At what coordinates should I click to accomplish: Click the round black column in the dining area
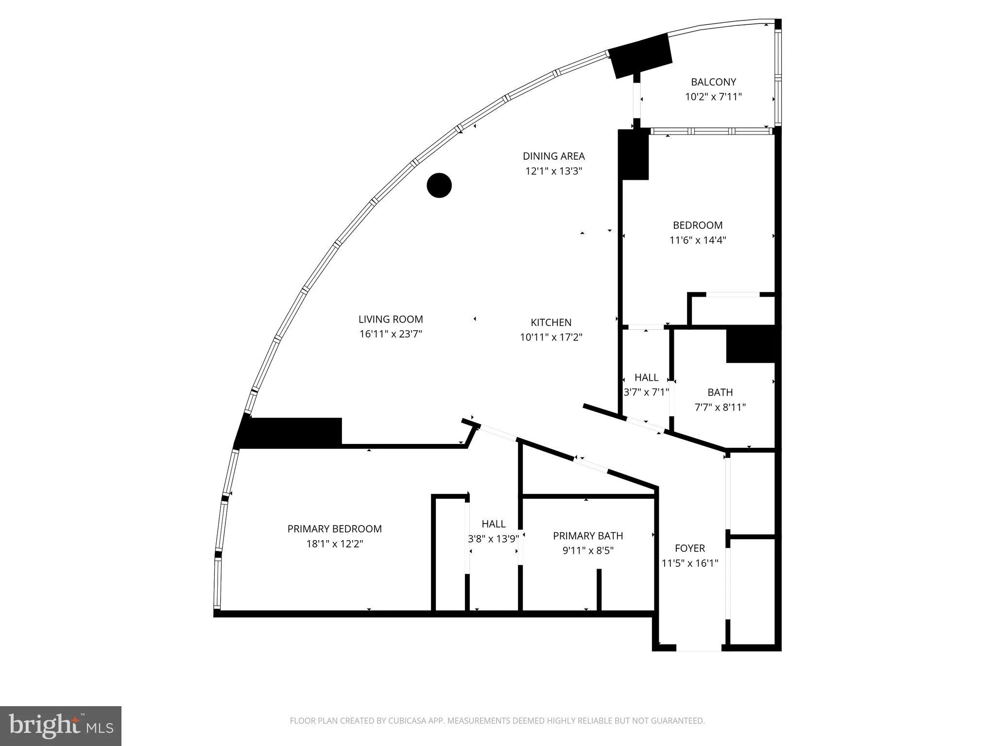[x=439, y=185]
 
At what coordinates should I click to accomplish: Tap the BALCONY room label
[x=713, y=82]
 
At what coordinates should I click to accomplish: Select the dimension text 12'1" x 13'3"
[x=553, y=171]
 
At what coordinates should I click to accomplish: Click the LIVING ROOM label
[x=391, y=319]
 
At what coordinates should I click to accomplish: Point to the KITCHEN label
[x=551, y=322]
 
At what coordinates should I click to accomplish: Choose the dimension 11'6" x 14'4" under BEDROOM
[x=697, y=240]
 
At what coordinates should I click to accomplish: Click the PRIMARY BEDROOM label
[x=334, y=529]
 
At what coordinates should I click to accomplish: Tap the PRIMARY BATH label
[x=588, y=536]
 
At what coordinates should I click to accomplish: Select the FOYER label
[x=689, y=548]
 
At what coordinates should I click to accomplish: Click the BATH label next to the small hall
[x=720, y=392]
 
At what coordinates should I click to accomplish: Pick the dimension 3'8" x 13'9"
[x=493, y=539]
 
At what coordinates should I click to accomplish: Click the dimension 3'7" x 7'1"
[x=646, y=392]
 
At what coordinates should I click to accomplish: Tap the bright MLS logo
[x=61, y=726]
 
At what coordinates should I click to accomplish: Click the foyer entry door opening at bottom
[x=699, y=648]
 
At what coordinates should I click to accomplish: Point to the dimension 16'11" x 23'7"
[x=391, y=334]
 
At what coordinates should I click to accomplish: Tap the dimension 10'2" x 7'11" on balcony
[x=713, y=97]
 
